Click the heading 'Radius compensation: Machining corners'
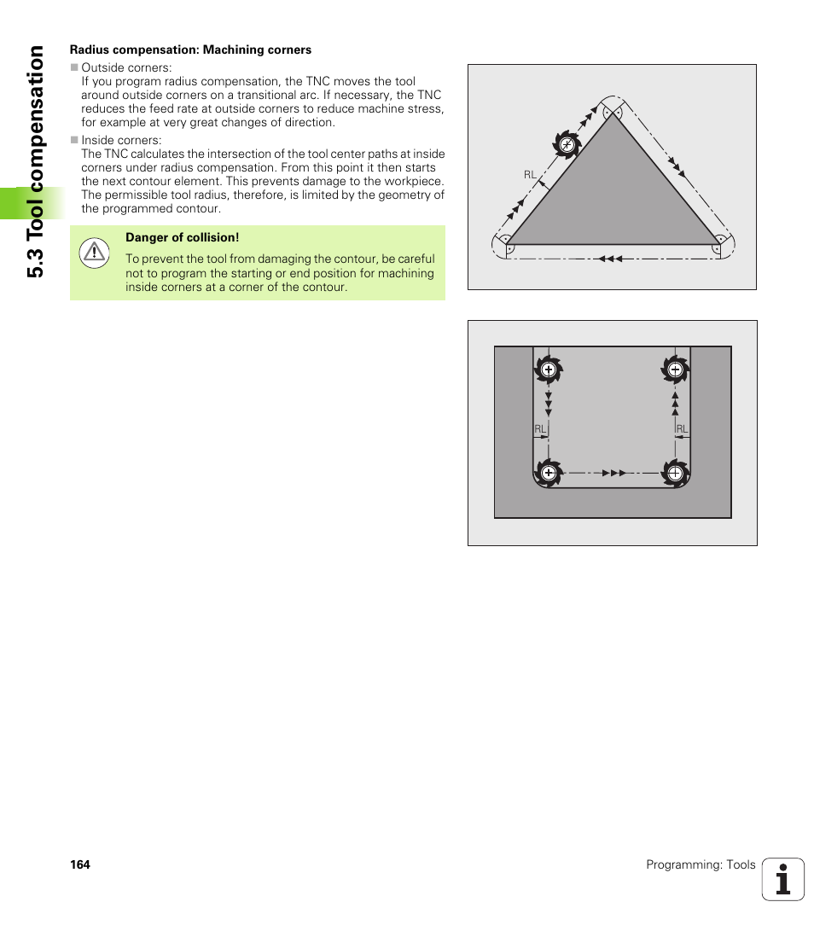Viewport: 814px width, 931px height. [x=190, y=49]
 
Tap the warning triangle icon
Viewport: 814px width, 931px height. [x=94, y=253]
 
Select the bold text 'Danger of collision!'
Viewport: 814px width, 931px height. [x=183, y=238]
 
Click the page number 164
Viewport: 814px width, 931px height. [x=79, y=864]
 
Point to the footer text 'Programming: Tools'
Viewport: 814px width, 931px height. [x=701, y=864]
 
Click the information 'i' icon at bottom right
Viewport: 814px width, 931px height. [x=783, y=879]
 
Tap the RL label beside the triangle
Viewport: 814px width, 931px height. [x=530, y=175]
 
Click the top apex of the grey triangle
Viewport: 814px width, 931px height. [x=613, y=113]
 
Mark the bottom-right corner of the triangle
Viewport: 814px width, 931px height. [x=720, y=244]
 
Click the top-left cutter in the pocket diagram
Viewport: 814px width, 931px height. [x=548, y=369]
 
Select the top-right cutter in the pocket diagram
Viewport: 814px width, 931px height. [x=675, y=369]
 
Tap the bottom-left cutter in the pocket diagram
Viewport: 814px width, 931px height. [x=548, y=472]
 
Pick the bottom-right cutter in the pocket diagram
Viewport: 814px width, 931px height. [x=675, y=472]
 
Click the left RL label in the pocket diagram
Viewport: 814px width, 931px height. [x=540, y=428]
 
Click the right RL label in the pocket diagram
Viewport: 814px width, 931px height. [x=682, y=428]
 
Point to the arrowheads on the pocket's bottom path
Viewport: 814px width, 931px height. [x=613, y=472]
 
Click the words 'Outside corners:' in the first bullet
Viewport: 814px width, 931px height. [x=126, y=67]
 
